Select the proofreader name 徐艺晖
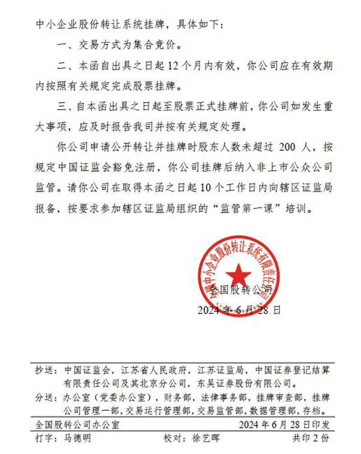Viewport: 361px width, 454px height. [x=205, y=438]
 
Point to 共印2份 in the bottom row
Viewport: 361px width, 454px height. [x=311, y=438]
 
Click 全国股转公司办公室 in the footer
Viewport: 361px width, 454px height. [x=77, y=425]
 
